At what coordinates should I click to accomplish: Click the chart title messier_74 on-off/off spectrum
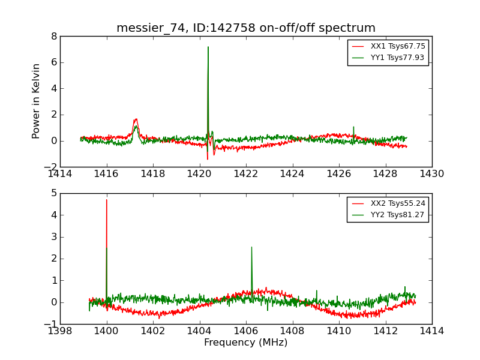246,28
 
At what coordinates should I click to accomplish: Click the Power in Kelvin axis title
37,101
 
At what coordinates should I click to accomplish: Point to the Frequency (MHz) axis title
246,343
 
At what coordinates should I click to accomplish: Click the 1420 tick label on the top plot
199,174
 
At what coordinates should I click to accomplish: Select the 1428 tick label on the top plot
385,174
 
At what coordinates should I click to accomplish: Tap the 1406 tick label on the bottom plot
245,331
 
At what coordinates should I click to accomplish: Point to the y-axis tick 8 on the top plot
54,36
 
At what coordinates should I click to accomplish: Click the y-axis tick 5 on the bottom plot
54,193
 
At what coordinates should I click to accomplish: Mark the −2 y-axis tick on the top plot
52,167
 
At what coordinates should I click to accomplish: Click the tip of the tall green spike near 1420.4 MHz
208,47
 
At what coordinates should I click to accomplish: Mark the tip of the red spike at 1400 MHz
107,200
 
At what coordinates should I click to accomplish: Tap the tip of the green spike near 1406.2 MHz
251,247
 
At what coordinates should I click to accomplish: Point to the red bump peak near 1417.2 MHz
136,119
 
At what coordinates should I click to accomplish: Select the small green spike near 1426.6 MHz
353,127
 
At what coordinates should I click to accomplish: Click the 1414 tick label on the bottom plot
431,331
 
